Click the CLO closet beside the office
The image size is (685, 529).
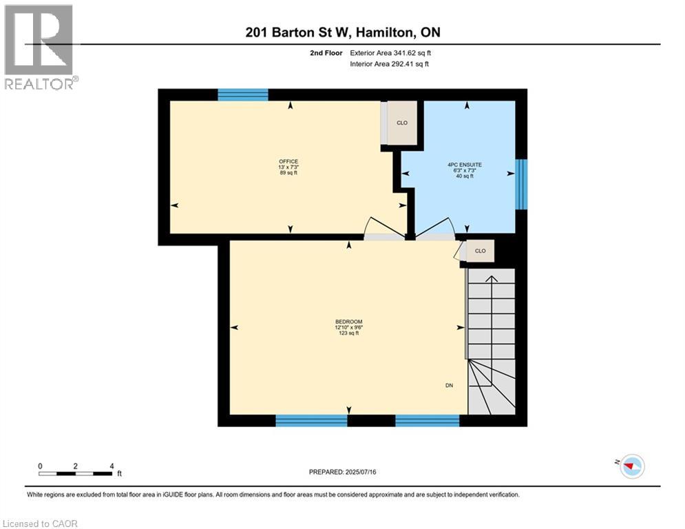(x=402, y=123)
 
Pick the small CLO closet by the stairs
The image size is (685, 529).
(x=480, y=251)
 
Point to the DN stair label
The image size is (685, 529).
(x=449, y=386)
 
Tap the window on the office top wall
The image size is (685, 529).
(x=242, y=95)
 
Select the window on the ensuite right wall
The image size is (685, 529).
(x=521, y=184)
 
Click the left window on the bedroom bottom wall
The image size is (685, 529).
(x=311, y=420)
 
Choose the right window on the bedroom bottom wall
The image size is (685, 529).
(x=427, y=420)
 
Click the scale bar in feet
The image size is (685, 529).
(x=76, y=473)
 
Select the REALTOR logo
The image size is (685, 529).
(x=40, y=47)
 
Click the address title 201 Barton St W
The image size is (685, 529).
(x=342, y=32)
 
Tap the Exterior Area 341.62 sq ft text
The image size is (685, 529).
(x=390, y=52)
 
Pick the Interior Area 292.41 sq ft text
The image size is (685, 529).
(x=390, y=64)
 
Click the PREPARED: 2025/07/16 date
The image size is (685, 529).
(x=342, y=472)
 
